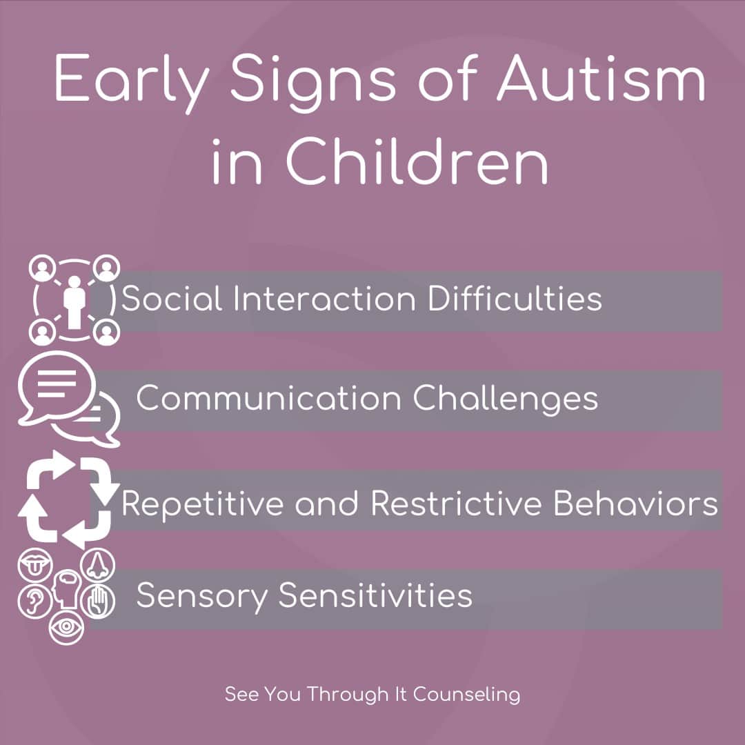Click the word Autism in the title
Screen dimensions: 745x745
point(600,81)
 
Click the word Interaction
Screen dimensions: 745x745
point(324,299)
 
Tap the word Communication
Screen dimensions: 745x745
point(268,398)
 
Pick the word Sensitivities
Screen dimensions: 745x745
point(375,595)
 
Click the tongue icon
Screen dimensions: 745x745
point(35,564)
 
